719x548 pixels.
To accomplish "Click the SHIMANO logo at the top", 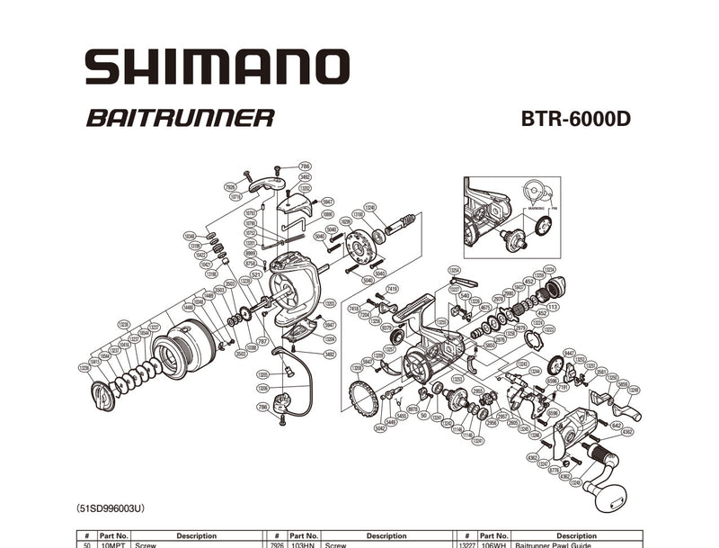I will point(216,67).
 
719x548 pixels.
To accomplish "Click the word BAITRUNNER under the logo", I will point(180,118).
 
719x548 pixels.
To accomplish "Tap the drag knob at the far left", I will point(103,394).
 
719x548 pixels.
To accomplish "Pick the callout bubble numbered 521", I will point(256,274).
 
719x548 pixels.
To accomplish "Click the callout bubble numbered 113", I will point(552,307).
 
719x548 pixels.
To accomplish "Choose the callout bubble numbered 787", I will point(262,342).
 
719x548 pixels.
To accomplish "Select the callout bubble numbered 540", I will point(465,295).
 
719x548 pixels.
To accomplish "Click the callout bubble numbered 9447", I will point(569,354).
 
